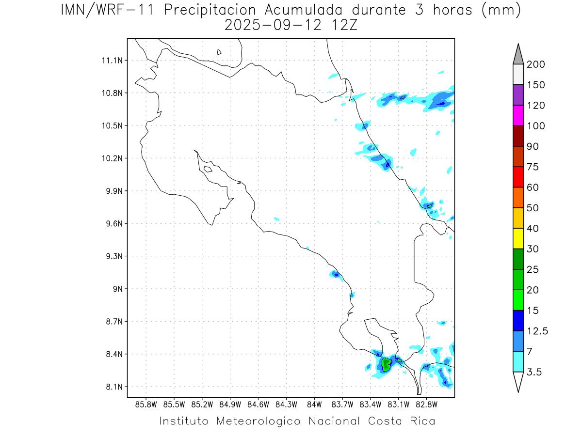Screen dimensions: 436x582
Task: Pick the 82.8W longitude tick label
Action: (426, 405)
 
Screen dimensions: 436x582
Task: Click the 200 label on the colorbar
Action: (535, 64)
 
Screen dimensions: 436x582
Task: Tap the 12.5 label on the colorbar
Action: (537, 331)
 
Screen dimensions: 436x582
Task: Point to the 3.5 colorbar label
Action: (534, 372)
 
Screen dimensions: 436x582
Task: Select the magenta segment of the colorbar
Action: (517, 115)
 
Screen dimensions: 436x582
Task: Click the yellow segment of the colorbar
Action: (517, 238)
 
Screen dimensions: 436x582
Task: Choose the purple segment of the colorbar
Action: (517, 95)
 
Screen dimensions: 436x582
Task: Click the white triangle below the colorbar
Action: (517, 381)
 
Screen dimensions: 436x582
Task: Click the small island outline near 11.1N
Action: (219, 52)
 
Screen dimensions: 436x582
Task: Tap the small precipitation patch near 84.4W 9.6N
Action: (276, 219)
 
